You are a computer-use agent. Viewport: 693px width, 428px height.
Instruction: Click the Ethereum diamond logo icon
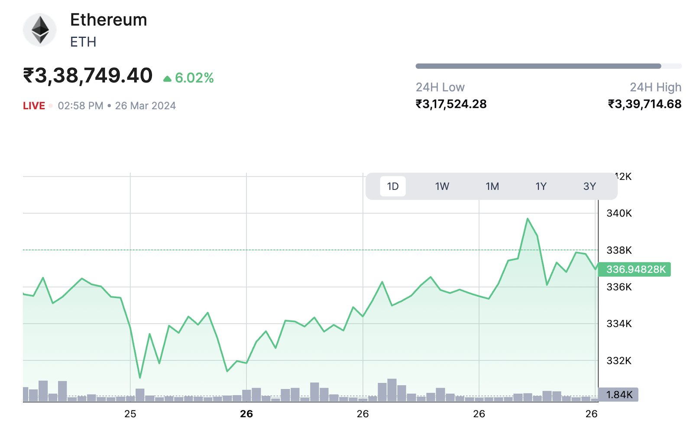click(40, 30)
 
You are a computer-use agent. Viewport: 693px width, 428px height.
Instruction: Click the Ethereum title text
click(108, 20)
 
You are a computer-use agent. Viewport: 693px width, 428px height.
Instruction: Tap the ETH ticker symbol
click(83, 42)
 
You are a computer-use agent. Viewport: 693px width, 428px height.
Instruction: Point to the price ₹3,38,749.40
click(88, 76)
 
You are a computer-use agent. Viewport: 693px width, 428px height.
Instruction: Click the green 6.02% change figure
click(194, 78)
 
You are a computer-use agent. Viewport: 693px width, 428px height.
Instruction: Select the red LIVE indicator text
click(34, 106)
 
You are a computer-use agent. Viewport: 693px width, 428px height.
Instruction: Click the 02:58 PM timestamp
click(81, 106)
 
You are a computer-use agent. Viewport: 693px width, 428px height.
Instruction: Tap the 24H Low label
click(440, 88)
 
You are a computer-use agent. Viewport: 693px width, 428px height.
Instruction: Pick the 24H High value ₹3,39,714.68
click(644, 104)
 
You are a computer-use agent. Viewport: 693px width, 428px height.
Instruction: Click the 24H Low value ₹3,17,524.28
click(451, 104)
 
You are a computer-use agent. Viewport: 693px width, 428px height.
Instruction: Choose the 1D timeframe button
click(393, 186)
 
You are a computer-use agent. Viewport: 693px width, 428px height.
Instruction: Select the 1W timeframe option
click(442, 186)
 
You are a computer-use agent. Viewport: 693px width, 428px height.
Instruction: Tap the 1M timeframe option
click(492, 186)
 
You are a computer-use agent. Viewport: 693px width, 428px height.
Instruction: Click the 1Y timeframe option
click(541, 186)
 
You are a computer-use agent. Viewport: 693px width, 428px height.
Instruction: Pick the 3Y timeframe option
click(589, 186)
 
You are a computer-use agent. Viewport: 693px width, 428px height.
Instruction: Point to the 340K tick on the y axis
click(619, 213)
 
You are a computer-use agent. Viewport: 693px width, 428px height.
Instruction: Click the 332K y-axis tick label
click(619, 360)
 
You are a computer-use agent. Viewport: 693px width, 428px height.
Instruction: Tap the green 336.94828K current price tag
click(635, 269)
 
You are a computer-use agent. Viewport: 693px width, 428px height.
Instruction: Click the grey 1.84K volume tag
click(619, 395)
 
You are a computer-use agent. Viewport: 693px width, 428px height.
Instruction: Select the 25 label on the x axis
click(130, 414)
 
